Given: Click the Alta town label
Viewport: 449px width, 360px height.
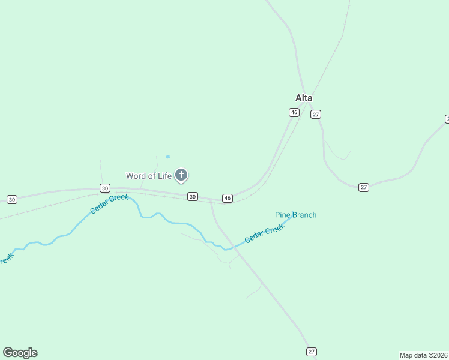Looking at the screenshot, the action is pyautogui.click(x=304, y=98).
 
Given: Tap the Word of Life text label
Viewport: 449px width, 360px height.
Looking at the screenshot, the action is pyautogui.click(x=148, y=176).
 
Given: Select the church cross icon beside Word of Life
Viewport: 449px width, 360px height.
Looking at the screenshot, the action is pyautogui.click(x=181, y=175).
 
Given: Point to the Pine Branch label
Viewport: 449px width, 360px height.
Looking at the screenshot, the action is pyautogui.click(x=295, y=215).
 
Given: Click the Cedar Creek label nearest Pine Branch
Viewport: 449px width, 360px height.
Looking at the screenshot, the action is pyautogui.click(x=264, y=233).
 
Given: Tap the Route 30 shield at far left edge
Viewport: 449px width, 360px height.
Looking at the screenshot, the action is pyautogui.click(x=11, y=199).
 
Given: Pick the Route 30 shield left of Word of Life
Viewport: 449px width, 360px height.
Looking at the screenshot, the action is pyautogui.click(x=105, y=188).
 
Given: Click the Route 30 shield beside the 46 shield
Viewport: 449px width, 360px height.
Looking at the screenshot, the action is pyautogui.click(x=192, y=196).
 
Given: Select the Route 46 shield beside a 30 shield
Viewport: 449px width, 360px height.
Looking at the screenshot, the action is pyautogui.click(x=227, y=198).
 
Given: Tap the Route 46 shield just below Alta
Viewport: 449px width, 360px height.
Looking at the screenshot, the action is pyautogui.click(x=294, y=112).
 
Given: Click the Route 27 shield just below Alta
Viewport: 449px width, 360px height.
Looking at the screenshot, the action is pyautogui.click(x=316, y=115).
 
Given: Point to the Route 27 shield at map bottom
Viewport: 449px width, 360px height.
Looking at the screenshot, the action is pyautogui.click(x=311, y=352).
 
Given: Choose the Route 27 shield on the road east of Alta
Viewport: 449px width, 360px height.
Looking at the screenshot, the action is pyautogui.click(x=364, y=187).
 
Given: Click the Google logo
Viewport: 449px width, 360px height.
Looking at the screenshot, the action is pyautogui.click(x=20, y=353).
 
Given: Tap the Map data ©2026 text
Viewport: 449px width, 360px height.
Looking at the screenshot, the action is pyautogui.click(x=424, y=355).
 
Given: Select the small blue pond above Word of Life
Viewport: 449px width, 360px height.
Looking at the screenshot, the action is pyautogui.click(x=167, y=157).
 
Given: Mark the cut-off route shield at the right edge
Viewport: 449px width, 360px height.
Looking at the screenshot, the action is pyautogui.click(x=447, y=119).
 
